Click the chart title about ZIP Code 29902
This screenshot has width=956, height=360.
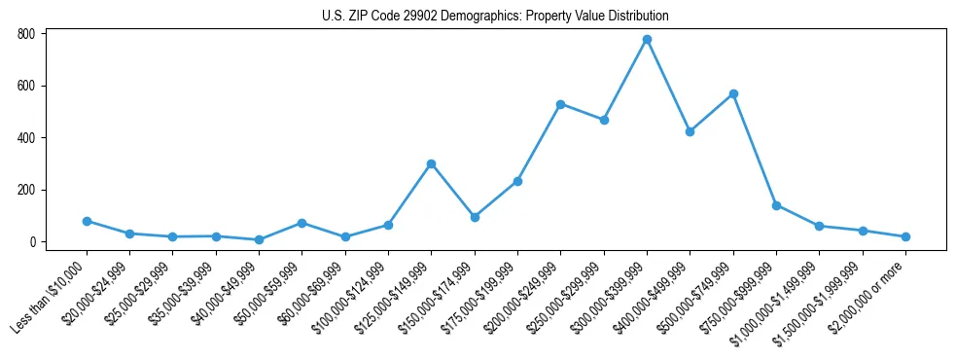point(495,17)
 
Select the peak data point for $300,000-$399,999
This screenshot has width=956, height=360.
point(647,40)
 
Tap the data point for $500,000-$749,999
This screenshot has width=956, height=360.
point(733,94)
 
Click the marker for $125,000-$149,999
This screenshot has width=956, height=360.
point(431,164)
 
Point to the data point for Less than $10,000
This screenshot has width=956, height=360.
point(87,222)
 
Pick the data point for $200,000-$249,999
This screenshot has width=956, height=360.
point(560,104)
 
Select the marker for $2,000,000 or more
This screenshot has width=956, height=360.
point(905,237)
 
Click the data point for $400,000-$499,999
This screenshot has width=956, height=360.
point(690,131)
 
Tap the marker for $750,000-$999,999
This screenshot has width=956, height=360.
point(776,205)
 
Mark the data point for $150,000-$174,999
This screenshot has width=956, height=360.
point(474,217)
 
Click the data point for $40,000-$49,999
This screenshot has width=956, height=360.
point(259,240)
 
